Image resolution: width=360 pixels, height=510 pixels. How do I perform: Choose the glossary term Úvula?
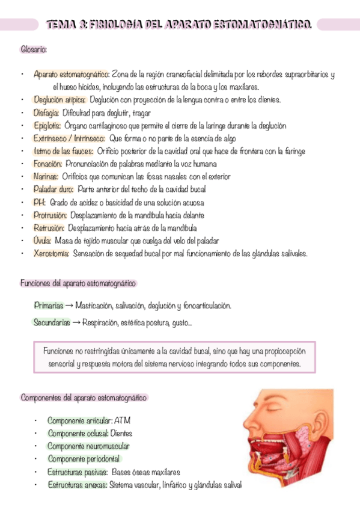(42, 241)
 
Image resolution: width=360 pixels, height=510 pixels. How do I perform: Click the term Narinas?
(46, 177)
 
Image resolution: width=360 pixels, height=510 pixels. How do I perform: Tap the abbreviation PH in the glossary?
(40, 202)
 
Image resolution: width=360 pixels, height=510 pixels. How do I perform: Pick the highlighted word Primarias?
(48, 306)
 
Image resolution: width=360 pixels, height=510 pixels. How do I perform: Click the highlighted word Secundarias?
(51, 322)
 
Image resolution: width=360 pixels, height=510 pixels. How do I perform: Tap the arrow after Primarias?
(70, 306)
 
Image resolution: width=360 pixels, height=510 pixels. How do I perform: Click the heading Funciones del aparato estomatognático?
(78, 283)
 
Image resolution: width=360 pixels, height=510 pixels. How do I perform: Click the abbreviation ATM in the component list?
(122, 420)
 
